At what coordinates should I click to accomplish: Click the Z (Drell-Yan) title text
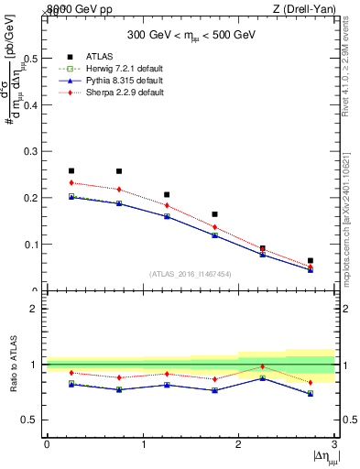click(x=303, y=8)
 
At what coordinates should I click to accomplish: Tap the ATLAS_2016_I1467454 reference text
click(x=191, y=274)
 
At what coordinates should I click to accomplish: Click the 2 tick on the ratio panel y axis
click(x=38, y=309)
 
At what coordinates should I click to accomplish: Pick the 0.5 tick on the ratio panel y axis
click(x=32, y=420)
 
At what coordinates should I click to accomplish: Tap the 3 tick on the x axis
click(x=334, y=444)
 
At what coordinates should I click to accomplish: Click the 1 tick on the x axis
click(x=143, y=444)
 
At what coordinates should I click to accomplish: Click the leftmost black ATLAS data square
click(x=71, y=170)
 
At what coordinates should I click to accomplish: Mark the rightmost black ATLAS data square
click(x=311, y=261)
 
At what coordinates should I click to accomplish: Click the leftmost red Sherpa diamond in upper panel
click(x=71, y=182)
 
